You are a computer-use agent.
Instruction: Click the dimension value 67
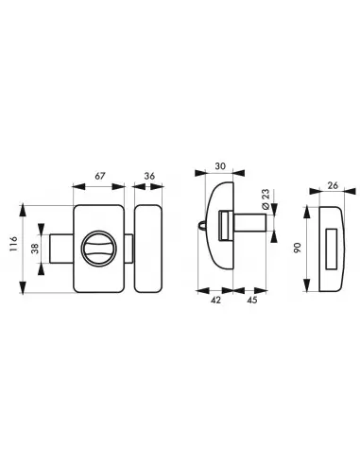[100, 176]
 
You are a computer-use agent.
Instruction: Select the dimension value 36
[149, 176]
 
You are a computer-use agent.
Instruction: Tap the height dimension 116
[13, 244]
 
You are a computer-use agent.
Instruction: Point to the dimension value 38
[35, 248]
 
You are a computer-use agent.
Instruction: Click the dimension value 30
[220, 165]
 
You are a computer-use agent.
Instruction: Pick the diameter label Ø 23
[266, 199]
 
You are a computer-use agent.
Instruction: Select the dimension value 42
[215, 300]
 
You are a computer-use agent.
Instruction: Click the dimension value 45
[252, 300]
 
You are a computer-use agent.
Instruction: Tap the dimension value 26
[333, 185]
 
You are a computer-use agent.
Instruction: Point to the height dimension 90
[297, 248]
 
